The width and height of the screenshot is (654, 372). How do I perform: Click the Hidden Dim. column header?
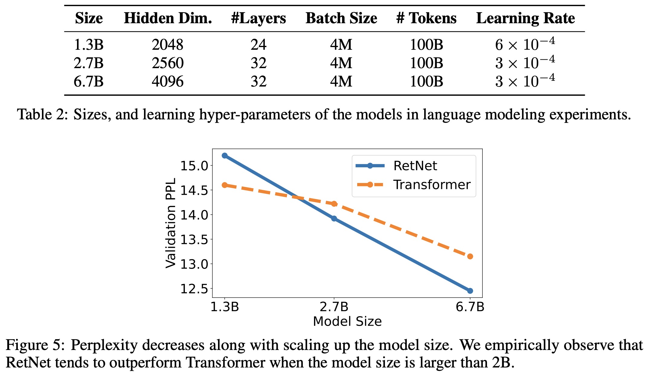[168, 18]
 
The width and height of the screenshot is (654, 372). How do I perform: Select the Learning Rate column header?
[525, 18]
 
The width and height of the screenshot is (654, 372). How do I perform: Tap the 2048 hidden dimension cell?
[168, 45]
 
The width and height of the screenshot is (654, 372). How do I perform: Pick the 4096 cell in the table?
[168, 81]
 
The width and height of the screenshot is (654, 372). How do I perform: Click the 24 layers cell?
[258, 45]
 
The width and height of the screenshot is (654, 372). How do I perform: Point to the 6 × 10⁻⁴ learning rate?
[525, 44]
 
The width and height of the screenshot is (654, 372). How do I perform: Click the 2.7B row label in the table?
[88, 63]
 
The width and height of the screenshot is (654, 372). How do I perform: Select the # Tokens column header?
[426, 18]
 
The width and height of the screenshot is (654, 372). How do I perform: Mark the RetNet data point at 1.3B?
[225, 156]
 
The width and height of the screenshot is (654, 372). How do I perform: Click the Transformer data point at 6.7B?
[470, 257]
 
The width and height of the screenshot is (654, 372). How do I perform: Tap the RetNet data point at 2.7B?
[334, 219]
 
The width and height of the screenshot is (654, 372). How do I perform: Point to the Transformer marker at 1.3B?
[225, 185]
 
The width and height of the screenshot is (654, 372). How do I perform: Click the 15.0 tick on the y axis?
[194, 166]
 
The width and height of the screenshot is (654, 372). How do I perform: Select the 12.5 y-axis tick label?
[194, 289]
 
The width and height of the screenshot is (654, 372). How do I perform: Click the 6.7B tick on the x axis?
[470, 307]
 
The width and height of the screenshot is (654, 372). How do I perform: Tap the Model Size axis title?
[347, 321]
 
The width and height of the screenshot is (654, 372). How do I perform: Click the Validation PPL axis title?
[171, 223]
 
